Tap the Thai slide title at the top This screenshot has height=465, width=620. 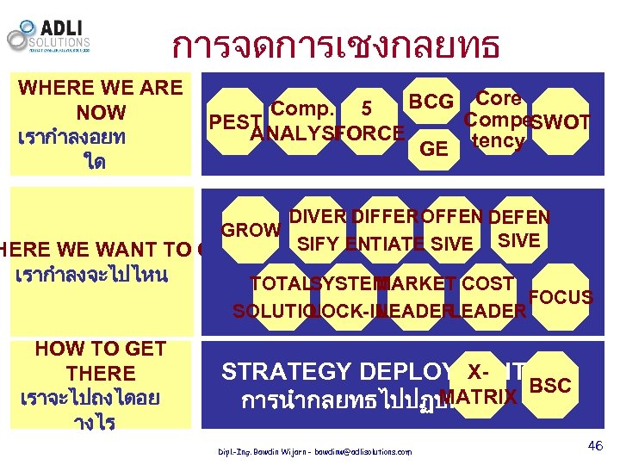336,46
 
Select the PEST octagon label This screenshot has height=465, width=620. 230,122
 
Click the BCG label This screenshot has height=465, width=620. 431,102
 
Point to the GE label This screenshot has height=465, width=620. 433,149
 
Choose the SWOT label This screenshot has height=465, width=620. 561,122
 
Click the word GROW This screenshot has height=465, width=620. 251,231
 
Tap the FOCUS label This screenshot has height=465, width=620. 561,298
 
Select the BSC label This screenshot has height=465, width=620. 550,385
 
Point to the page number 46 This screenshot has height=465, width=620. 594,445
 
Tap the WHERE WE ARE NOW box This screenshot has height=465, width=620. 101,125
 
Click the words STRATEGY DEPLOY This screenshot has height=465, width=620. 335,371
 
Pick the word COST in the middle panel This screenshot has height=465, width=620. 487,282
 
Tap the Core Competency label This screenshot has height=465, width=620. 498,120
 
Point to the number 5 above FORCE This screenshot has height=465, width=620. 367,109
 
